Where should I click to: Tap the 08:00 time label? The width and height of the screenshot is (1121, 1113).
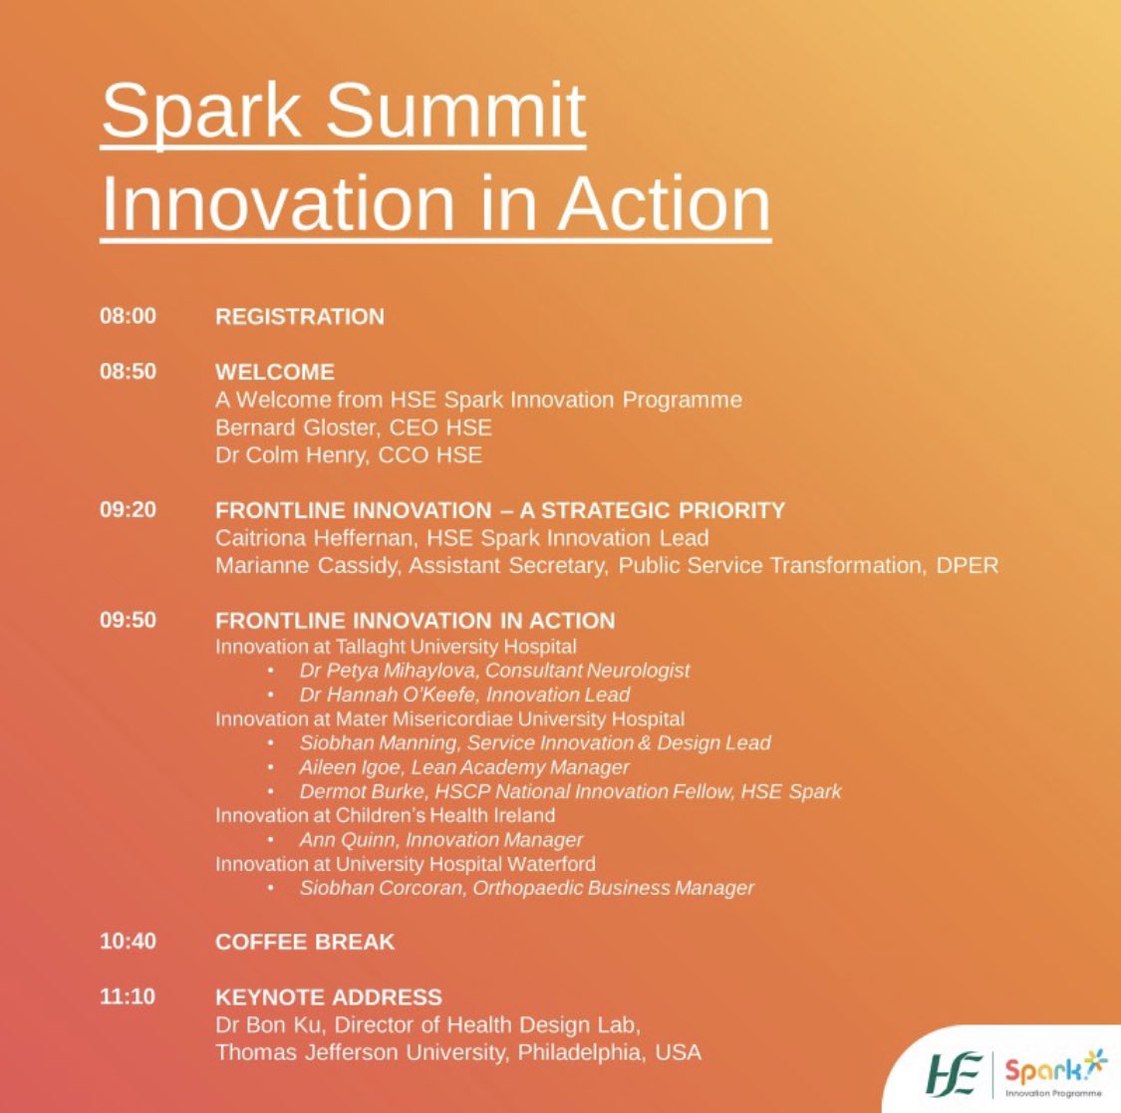[x=128, y=316]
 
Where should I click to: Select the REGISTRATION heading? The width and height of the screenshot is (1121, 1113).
[x=299, y=317]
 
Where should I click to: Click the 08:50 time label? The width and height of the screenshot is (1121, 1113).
[x=128, y=372]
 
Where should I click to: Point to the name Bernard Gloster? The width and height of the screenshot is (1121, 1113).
[x=286, y=427]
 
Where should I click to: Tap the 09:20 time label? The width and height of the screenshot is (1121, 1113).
[x=128, y=510]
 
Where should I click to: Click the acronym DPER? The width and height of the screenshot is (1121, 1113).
[x=966, y=566]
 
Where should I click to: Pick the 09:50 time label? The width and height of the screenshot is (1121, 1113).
[x=128, y=620]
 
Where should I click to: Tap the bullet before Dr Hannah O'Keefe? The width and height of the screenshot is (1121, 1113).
[x=271, y=696]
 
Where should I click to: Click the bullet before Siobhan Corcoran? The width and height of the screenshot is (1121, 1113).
[x=271, y=889]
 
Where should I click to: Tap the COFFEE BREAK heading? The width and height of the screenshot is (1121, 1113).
[x=305, y=942]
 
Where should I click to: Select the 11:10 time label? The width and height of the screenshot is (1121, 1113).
[x=128, y=996]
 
